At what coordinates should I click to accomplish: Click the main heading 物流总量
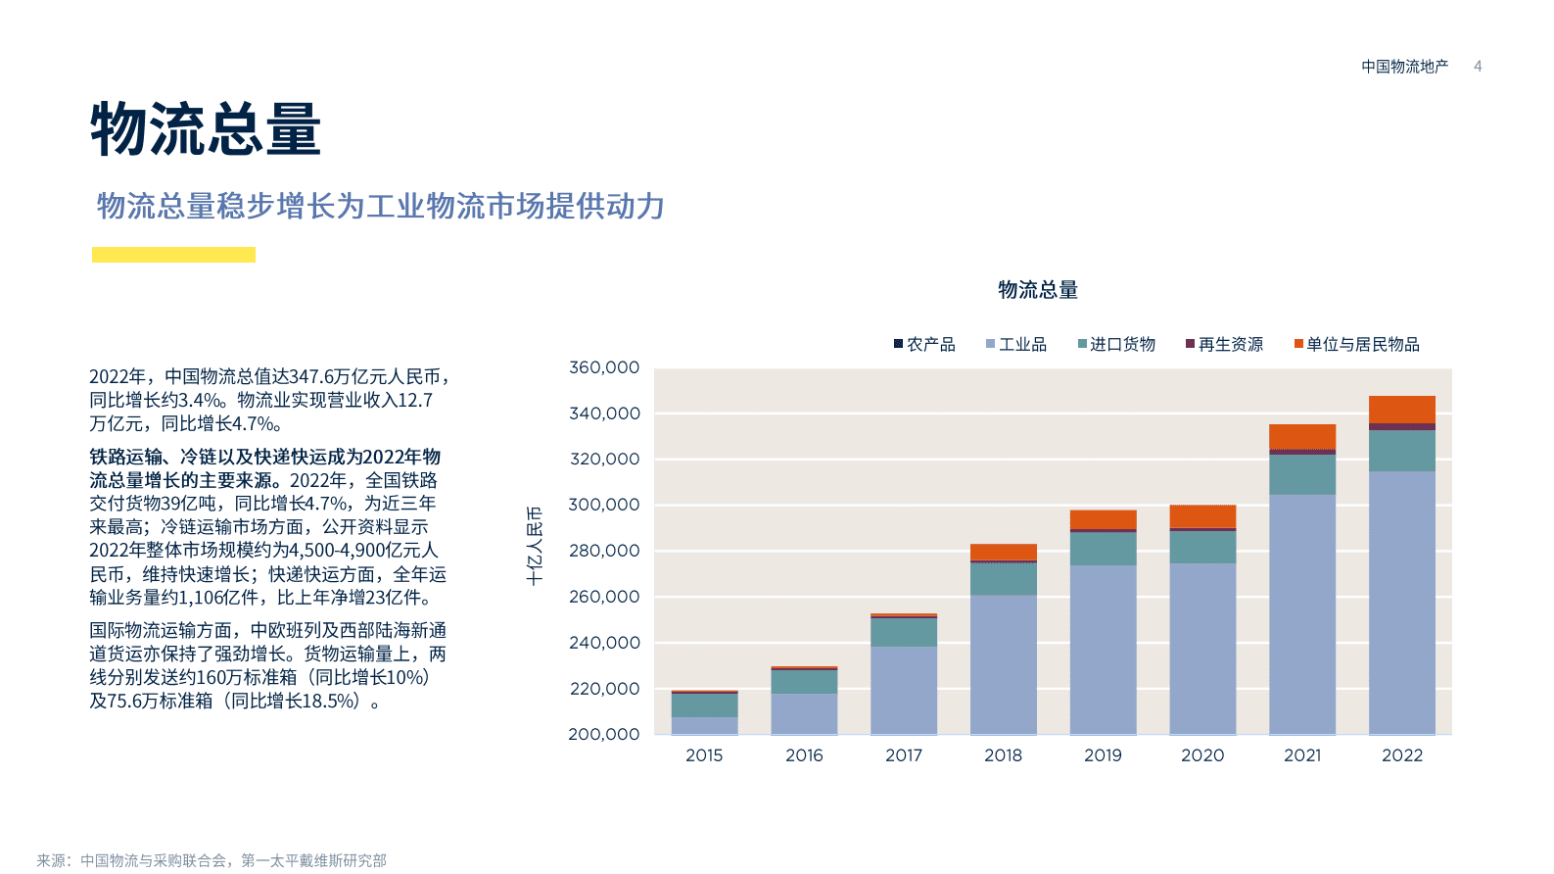click(206, 129)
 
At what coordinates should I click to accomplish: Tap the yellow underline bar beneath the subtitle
click(173, 255)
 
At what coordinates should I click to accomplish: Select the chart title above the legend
click(1038, 290)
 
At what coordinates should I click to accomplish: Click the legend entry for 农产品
click(924, 344)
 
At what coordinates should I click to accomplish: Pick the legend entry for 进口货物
click(1116, 344)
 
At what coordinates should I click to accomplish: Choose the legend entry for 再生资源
click(1224, 344)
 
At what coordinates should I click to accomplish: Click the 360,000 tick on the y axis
click(604, 367)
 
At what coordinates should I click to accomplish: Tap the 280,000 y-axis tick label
click(604, 551)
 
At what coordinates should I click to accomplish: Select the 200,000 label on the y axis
click(604, 734)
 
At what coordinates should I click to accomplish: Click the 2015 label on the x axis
click(704, 755)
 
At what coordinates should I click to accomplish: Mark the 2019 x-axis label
click(1103, 755)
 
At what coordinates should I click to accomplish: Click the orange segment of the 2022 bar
click(1401, 409)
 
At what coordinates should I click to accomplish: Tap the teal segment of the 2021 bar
click(1301, 474)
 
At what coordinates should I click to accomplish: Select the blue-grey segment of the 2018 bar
click(1003, 664)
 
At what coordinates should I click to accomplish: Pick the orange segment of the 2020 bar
click(1202, 516)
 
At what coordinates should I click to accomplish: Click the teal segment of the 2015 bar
click(704, 705)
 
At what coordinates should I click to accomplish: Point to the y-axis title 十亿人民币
click(535, 546)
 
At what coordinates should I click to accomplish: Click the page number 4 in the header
click(1478, 67)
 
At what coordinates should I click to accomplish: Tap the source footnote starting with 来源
click(212, 860)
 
